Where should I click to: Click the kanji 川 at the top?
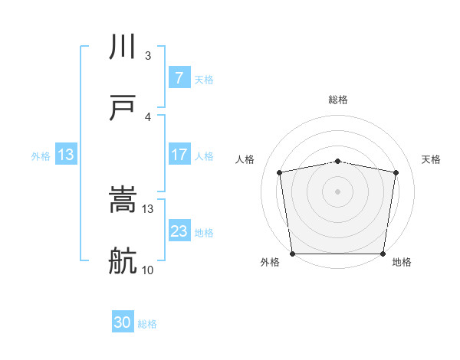(x=123, y=47)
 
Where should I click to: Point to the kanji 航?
(x=123, y=260)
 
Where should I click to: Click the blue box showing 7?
(x=179, y=77)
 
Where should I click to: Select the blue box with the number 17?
(x=179, y=154)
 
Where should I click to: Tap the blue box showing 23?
(x=179, y=231)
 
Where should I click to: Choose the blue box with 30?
(x=122, y=322)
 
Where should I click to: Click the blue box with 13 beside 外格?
(x=66, y=154)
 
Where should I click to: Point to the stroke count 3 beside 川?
(x=148, y=56)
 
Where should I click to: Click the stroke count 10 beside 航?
(x=148, y=270)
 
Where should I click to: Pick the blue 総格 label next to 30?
(x=147, y=324)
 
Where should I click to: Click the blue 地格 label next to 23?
(x=204, y=233)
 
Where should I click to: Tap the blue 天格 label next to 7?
(x=204, y=80)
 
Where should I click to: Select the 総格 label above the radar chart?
(x=338, y=100)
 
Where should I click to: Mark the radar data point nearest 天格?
(x=396, y=172)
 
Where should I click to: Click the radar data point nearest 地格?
(x=383, y=254)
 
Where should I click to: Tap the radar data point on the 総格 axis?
(x=338, y=161)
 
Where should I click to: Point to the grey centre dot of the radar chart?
(x=338, y=191)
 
